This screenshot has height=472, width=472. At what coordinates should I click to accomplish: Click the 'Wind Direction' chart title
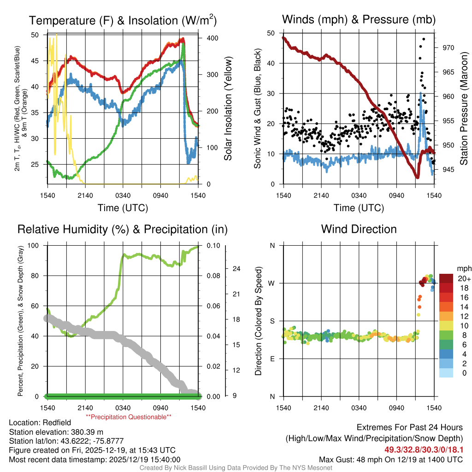pos(359,229)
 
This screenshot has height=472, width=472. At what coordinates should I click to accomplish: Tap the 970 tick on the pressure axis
pos(448,47)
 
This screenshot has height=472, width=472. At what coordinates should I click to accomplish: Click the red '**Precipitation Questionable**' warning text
pos(129,417)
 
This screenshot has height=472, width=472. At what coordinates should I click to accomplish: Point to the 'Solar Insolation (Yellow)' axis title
pos(228,109)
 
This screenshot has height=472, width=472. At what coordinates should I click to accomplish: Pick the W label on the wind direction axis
pos(272,283)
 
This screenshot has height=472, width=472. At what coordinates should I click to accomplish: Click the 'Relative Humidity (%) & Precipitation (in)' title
pos(122,229)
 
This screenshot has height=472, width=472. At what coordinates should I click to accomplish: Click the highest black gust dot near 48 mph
pos(423,39)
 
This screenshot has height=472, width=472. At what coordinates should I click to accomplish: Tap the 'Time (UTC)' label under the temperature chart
pos(123,208)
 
